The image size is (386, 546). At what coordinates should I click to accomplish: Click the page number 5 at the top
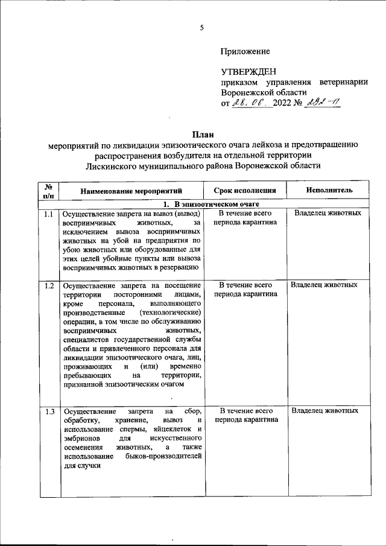[203, 27]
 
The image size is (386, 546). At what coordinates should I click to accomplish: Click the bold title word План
[203, 133]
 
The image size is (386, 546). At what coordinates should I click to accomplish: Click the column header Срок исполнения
[245, 190]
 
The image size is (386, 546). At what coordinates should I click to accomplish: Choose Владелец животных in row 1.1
[328, 213]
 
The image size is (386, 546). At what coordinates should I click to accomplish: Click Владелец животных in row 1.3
[325, 410]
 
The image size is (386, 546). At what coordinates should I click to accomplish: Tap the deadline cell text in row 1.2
[245, 289]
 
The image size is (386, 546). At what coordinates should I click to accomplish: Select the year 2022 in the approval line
[282, 103]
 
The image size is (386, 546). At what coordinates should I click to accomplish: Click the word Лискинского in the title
[113, 165]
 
